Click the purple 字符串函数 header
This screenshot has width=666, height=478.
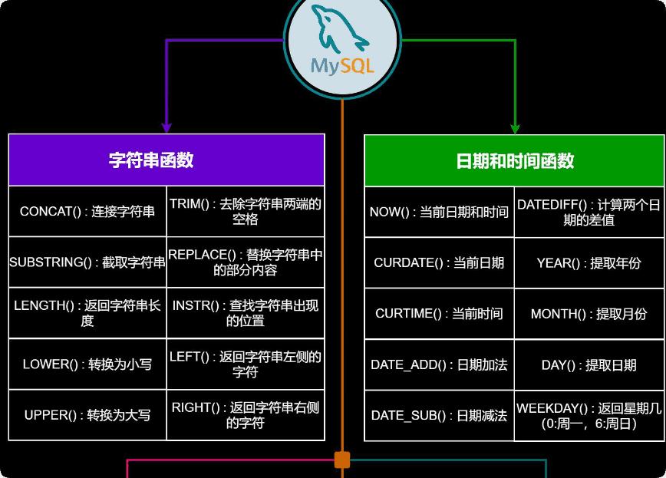coord(166,160)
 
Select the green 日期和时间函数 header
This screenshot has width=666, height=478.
coord(514,161)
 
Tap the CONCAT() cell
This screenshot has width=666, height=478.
coord(87,211)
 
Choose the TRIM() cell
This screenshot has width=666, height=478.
coord(246,211)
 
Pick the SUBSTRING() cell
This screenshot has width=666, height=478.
coord(87,262)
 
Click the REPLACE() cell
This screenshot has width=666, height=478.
coord(246,262)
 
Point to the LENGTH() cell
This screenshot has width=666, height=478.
coord(87,313)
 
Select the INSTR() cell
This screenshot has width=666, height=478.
coord(246,313)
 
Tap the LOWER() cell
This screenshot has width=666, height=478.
coord(87,364)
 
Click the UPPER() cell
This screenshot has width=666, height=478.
coord(87,415)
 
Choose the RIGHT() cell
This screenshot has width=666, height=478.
coord(246,415)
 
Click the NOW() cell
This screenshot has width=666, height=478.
coord(439,212)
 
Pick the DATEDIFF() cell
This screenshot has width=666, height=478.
coord(589,212)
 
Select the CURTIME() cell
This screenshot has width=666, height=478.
coord(439,314)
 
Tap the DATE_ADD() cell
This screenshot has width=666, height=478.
coord(439,364)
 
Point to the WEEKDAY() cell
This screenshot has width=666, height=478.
coord(589,415)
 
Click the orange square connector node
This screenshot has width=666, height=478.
coord(342,460)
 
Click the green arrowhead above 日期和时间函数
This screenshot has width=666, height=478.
coord(515,129)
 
